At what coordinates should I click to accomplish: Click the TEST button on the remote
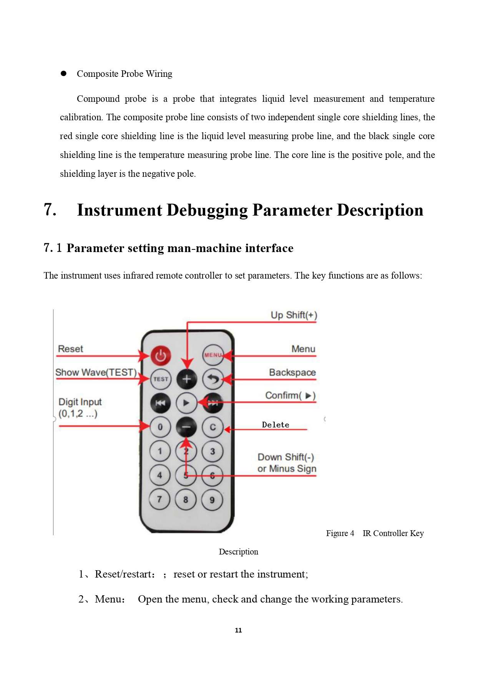160,379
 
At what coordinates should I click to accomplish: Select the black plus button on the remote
186,379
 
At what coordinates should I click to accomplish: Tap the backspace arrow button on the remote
213,379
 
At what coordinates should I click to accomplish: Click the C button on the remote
213,427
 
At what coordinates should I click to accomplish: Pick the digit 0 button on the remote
160,427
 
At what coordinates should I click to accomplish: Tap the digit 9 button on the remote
212,500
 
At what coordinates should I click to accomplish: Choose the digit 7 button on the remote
160,499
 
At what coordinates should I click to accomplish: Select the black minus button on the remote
186,427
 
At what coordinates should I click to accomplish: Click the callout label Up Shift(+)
294,315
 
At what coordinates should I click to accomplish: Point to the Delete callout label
276,425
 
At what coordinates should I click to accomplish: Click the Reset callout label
70,349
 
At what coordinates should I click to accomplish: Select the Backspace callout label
293,372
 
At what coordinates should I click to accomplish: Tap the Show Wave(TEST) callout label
96,372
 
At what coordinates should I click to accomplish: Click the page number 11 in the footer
238,630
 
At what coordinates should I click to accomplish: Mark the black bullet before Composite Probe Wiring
64,73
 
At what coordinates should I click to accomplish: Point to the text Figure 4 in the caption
340,533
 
